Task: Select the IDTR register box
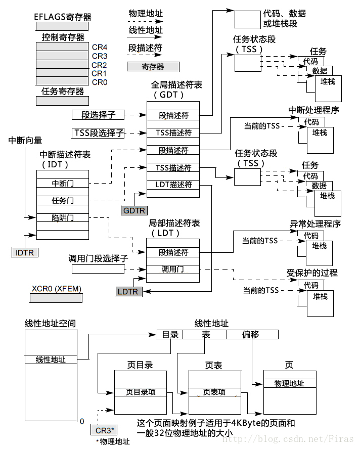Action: pos(25,252)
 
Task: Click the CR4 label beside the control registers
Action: pos(100,47)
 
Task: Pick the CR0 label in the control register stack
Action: pos(100,82)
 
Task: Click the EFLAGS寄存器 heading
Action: pos(63,17)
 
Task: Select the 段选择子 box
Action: pos(98,115)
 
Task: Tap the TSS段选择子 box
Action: pos(98,133)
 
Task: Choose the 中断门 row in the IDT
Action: pos(63,183)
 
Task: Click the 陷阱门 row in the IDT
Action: pos(63,218)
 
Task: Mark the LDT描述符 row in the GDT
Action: pos(173,185)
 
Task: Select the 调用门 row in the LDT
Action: pos(173,269)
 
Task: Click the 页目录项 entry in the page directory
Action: pos(141,392)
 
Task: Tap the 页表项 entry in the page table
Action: pos(214,392)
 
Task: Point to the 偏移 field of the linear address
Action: pos(251,334)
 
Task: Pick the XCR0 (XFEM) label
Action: pos(56,289)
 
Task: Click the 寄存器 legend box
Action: pos(152,66)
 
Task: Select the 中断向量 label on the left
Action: pos(25,140)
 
